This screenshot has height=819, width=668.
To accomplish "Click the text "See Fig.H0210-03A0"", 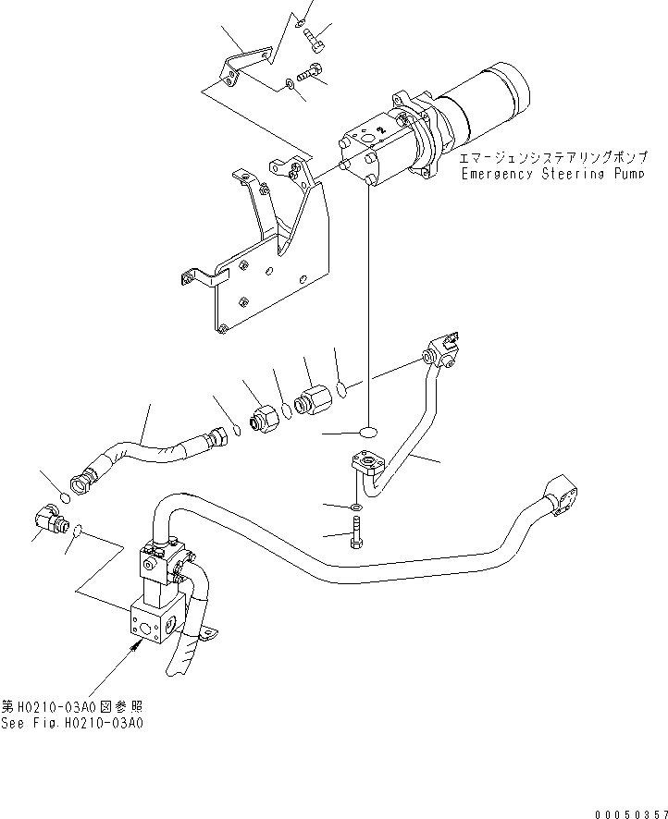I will pos(72,724).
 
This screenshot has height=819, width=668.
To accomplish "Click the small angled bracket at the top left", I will pos(246,63).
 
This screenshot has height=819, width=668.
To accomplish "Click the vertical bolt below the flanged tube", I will pos(358,534).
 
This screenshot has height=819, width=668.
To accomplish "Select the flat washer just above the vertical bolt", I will pos(357,508).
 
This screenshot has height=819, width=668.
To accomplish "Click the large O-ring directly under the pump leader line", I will pos(368,432).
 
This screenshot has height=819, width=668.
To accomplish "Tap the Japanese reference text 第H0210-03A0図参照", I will pos(72,707).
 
